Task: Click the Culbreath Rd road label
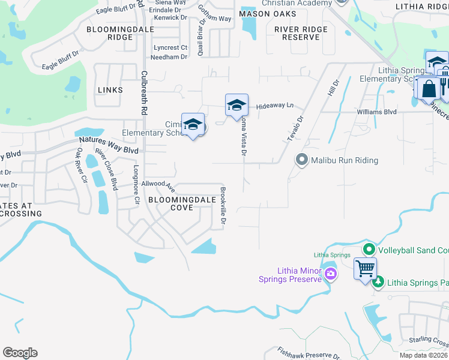click(x=144, y=93)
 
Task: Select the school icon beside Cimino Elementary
click(x=193, y=124)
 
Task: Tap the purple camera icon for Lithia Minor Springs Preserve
click(x=330, y=274)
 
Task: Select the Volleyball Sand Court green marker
click(x=369, y=249)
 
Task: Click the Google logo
click(x=20, y=353)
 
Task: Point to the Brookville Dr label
click(x=223, y=207)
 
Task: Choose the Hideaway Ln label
click(x=275, y=106)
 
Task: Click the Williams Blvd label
click(x=376, y=112)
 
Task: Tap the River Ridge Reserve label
click(x=301, y=33)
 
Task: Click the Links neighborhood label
click(x=110, y=90)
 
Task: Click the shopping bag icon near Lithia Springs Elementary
click(x=429, y=88)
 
